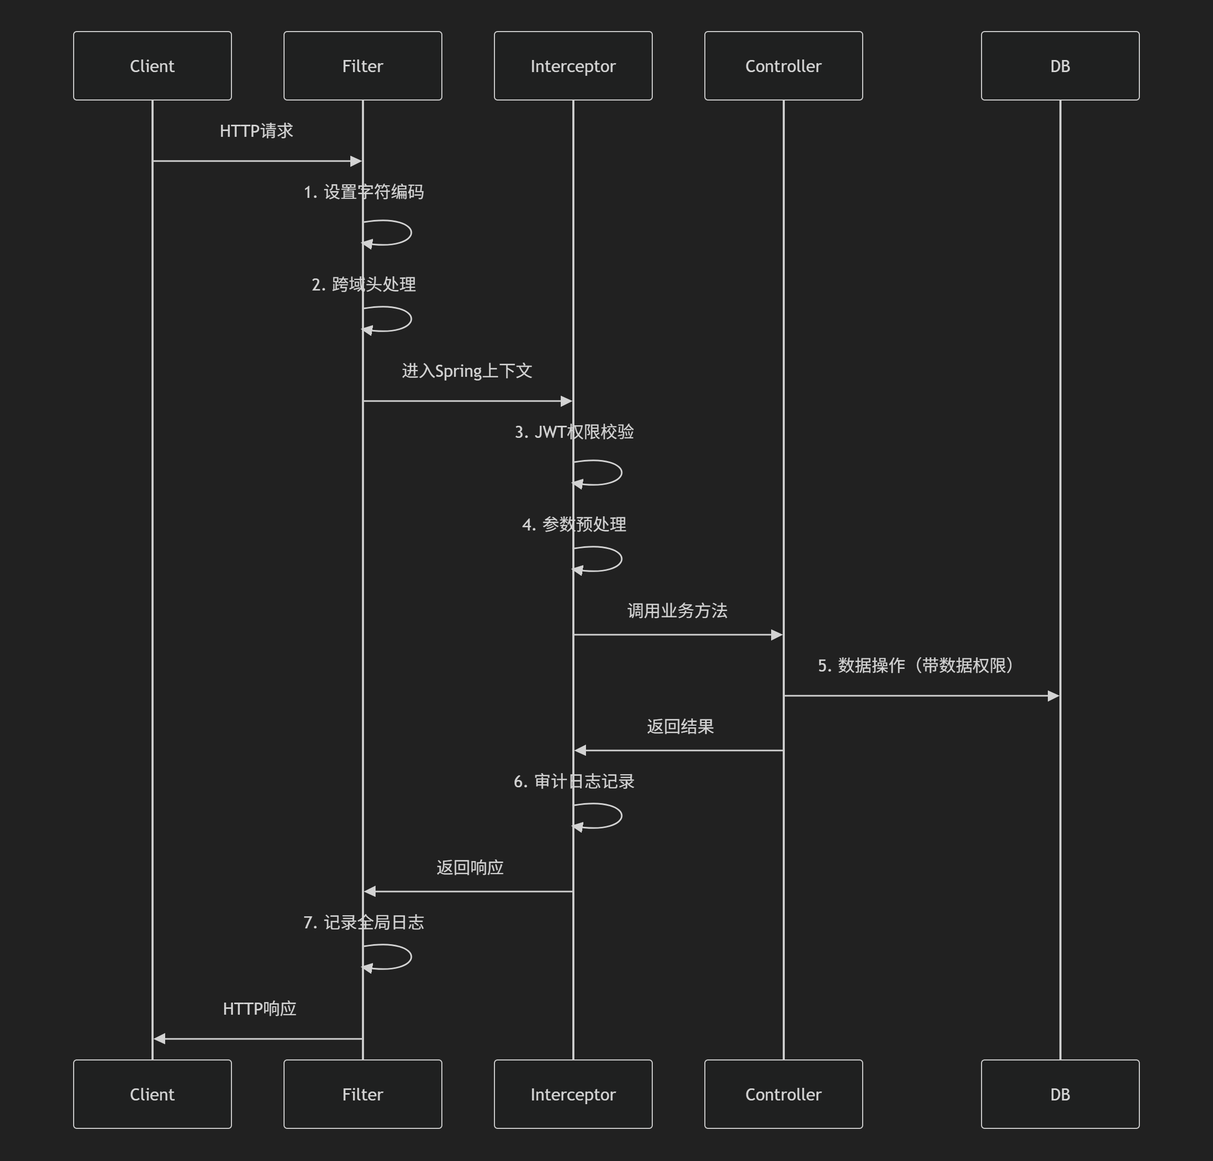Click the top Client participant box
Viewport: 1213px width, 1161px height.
[152, 66]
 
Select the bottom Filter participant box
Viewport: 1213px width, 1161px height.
[362, 1094]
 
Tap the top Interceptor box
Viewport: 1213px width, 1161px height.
[573, 66]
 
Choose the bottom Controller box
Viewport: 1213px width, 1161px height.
[783, 1094]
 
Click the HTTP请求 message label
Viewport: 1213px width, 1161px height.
[256, 131]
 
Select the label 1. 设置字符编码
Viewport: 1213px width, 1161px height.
[363, 192]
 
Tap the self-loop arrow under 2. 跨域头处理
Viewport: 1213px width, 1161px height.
[396, 319]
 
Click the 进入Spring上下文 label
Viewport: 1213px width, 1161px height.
[467, 371]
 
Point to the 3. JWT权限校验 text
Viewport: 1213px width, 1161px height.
[574, 432]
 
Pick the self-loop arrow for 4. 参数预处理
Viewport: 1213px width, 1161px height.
[606, 559]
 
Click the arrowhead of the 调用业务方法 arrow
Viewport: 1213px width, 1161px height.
[777, 634]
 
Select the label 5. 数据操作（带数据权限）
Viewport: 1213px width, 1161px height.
[915, 665]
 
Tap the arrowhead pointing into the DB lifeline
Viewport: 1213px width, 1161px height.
[1054, 696]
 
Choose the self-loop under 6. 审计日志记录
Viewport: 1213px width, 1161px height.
[606, 816]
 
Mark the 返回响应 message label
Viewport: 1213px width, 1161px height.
[470, 867]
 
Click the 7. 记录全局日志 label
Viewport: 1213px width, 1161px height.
[363, 922]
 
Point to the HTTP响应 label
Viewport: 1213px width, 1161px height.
[259, 1009]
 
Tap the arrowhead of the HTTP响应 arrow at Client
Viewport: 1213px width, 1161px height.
[159, 1038]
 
